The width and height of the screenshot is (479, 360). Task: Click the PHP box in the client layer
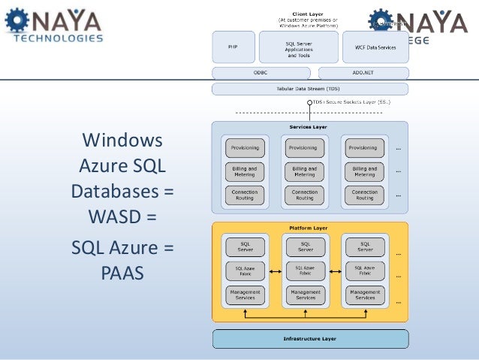233,47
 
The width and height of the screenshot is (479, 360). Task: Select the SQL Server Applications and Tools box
299,47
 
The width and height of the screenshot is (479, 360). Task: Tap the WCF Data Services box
375,47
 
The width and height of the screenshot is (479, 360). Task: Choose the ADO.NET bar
363,74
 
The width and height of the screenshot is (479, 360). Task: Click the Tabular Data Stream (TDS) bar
310,89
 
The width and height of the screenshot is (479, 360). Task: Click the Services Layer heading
310,127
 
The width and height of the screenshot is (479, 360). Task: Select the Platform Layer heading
310,228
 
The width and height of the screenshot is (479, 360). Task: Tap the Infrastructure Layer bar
310,339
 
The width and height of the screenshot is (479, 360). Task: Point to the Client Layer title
310,13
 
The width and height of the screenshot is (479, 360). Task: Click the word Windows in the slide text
122,141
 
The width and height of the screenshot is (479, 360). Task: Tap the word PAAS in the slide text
122,270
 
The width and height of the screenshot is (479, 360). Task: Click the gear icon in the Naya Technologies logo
17,20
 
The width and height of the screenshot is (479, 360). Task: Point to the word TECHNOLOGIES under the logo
54,37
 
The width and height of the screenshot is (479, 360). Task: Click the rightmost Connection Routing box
364,195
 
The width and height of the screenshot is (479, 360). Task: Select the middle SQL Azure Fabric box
306,270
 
